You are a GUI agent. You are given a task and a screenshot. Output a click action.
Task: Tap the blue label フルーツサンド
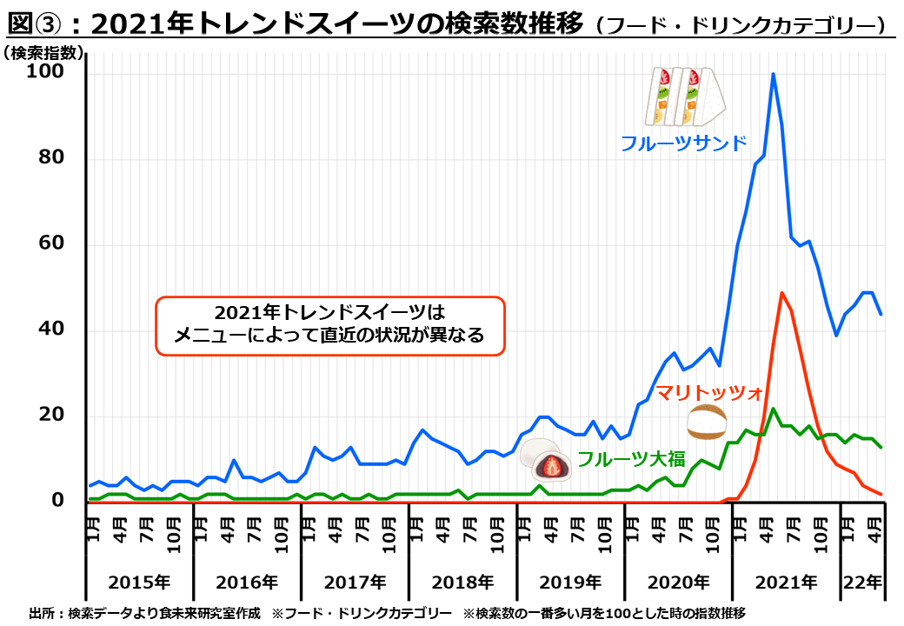coord(683,143)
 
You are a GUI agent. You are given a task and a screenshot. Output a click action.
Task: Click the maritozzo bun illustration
coord(706,423)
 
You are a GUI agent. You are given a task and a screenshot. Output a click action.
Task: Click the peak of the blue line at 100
coord(773,75)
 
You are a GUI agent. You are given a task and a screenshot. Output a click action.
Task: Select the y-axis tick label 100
coord(45,72)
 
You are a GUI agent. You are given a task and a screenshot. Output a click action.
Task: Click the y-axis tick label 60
coord(51,243)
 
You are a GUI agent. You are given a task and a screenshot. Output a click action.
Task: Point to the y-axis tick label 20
coord(51,416)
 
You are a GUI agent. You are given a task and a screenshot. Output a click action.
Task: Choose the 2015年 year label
coord(139,582)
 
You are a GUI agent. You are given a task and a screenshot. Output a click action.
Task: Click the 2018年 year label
coord(462,582)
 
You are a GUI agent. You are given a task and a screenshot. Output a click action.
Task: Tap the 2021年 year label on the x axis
coord(786,582)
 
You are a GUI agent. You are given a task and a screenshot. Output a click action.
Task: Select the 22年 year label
coord(861,582)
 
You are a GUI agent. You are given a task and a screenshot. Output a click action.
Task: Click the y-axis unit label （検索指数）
coord(43,53)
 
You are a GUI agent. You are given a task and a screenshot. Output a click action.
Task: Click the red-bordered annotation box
coord(329,325)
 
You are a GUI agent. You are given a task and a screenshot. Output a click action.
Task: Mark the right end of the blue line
coord(881,314)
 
